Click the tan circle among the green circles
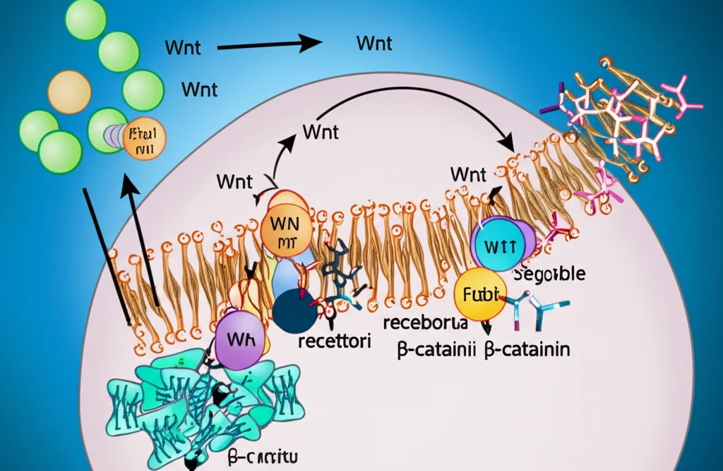[x=68, y=91]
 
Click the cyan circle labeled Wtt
[x=502, y=247]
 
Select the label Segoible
[x=549, y=274]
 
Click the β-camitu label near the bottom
[x=263, y=456]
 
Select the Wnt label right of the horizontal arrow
[x=375, y=42]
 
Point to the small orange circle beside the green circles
[x=144, y=135]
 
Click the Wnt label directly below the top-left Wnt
[x=200, y=90]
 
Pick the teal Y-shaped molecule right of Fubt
[x=540, y=309]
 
